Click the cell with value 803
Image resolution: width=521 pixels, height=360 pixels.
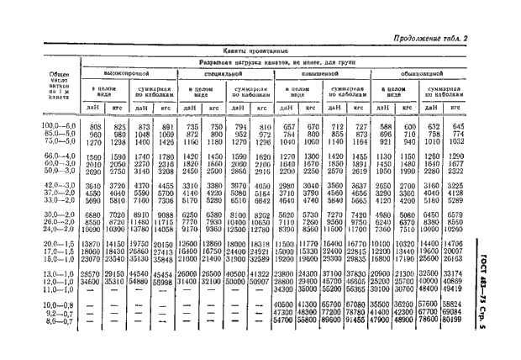[94, 126]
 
